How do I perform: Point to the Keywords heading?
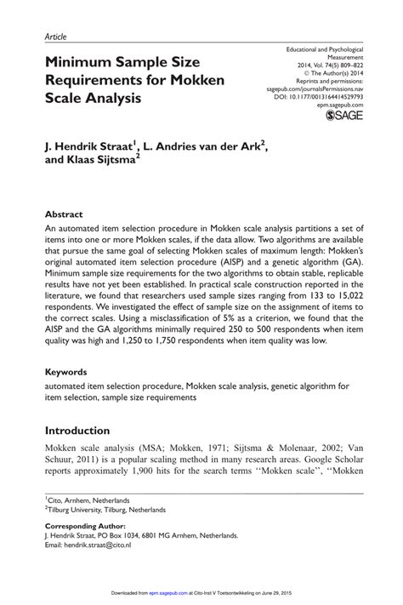coord(65,372)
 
